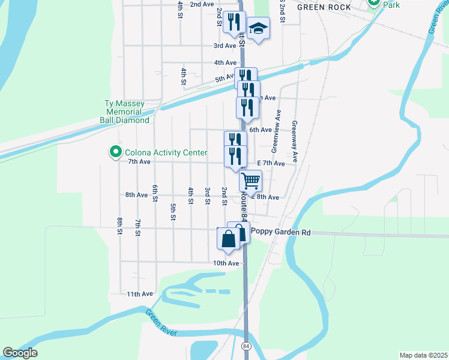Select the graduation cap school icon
pos(258,28)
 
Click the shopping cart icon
pos(250,180)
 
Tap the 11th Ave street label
pos(140,294)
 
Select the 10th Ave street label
pos(226,263)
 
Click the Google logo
pos(20,353)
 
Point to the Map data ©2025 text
pos(423,355)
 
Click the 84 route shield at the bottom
pos(247,346)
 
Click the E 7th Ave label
pos(271,163)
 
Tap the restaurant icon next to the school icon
pos(234,22)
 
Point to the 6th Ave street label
pos(261,130)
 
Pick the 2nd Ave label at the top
pos(202,4)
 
